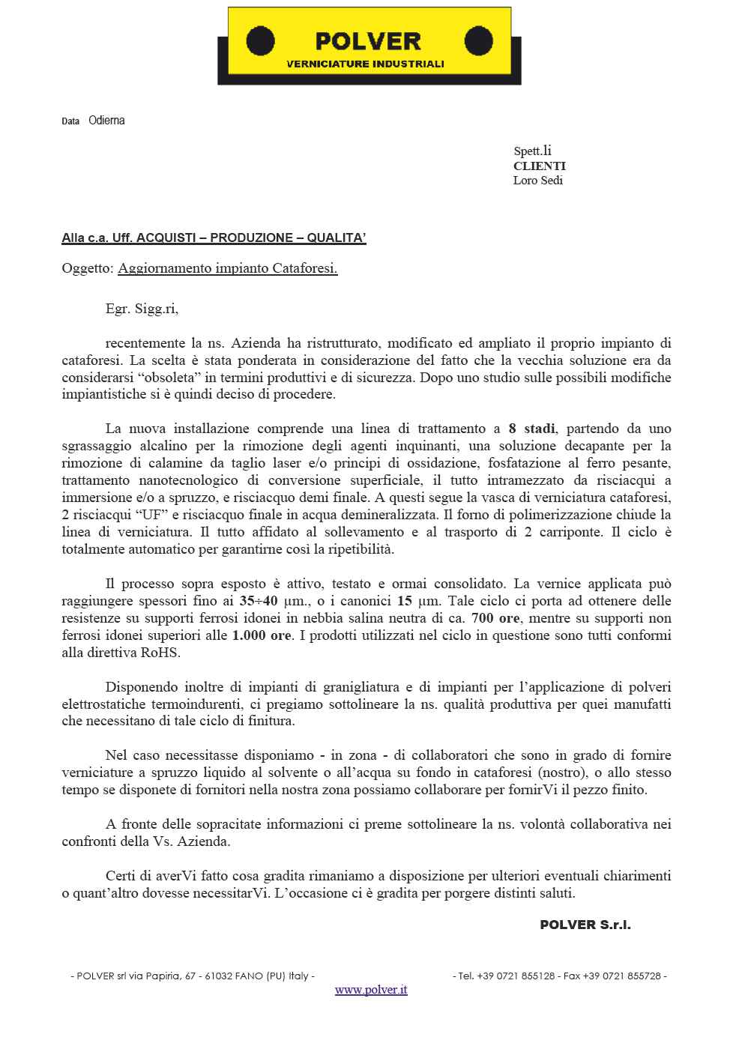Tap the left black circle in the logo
[x=260, y=40]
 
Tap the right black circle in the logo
[x=477, y=40]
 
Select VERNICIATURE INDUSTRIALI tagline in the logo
[x=366, y=64]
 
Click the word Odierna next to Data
[x=106, y=121]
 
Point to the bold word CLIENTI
[x=539, y=166]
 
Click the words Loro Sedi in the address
[x=537, y=181]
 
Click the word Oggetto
[x=88, y=268]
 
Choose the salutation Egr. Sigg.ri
[x=142, y=307]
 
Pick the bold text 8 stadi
[x=531, y=429]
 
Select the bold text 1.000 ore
[x=262, y=635]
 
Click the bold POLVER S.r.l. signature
[x=585, y=925]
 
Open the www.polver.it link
[x=371, y=990]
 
